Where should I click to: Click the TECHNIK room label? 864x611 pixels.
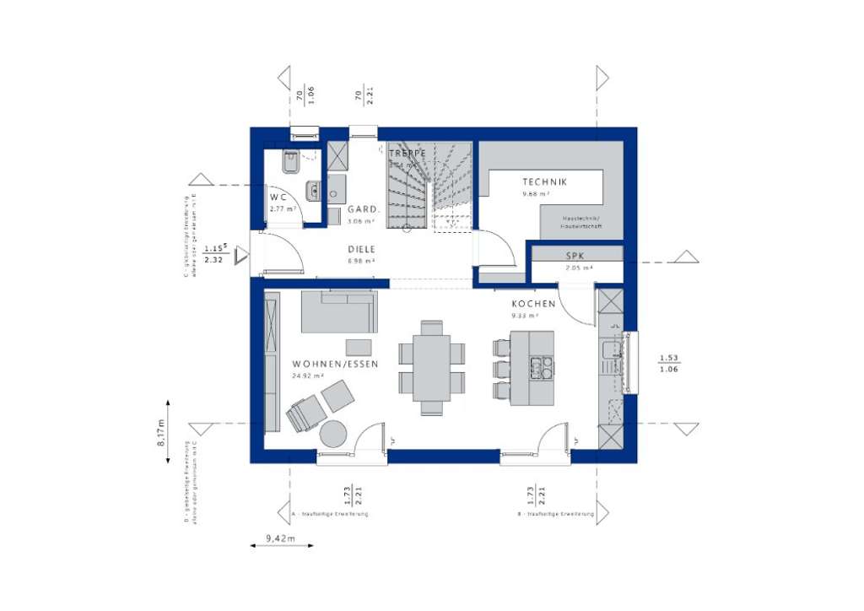pos(544,181)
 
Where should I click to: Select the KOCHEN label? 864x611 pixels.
pos(533,304)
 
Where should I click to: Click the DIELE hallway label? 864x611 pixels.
pos(362,250)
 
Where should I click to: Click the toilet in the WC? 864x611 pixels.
pos(289,160)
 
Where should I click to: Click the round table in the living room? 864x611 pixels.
pos(334,435)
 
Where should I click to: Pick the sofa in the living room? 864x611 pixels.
pos(339,313)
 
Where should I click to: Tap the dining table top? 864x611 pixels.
pos(432,368)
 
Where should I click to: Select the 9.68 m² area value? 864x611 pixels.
pos(536,193)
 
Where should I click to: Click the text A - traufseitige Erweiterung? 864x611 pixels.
pos(328,513)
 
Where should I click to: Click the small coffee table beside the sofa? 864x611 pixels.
pos(358,346)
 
